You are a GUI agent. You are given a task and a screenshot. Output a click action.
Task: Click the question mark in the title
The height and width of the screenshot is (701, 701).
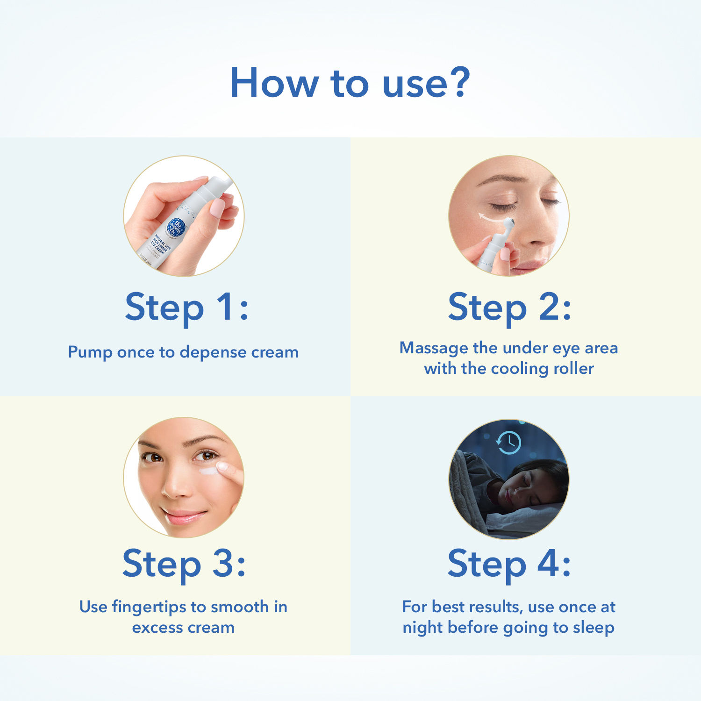pos(455,82)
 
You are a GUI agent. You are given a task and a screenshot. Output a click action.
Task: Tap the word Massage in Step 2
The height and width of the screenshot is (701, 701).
pos(434,348)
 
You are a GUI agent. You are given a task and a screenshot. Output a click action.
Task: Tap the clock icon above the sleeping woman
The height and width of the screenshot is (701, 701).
pos(508,442)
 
